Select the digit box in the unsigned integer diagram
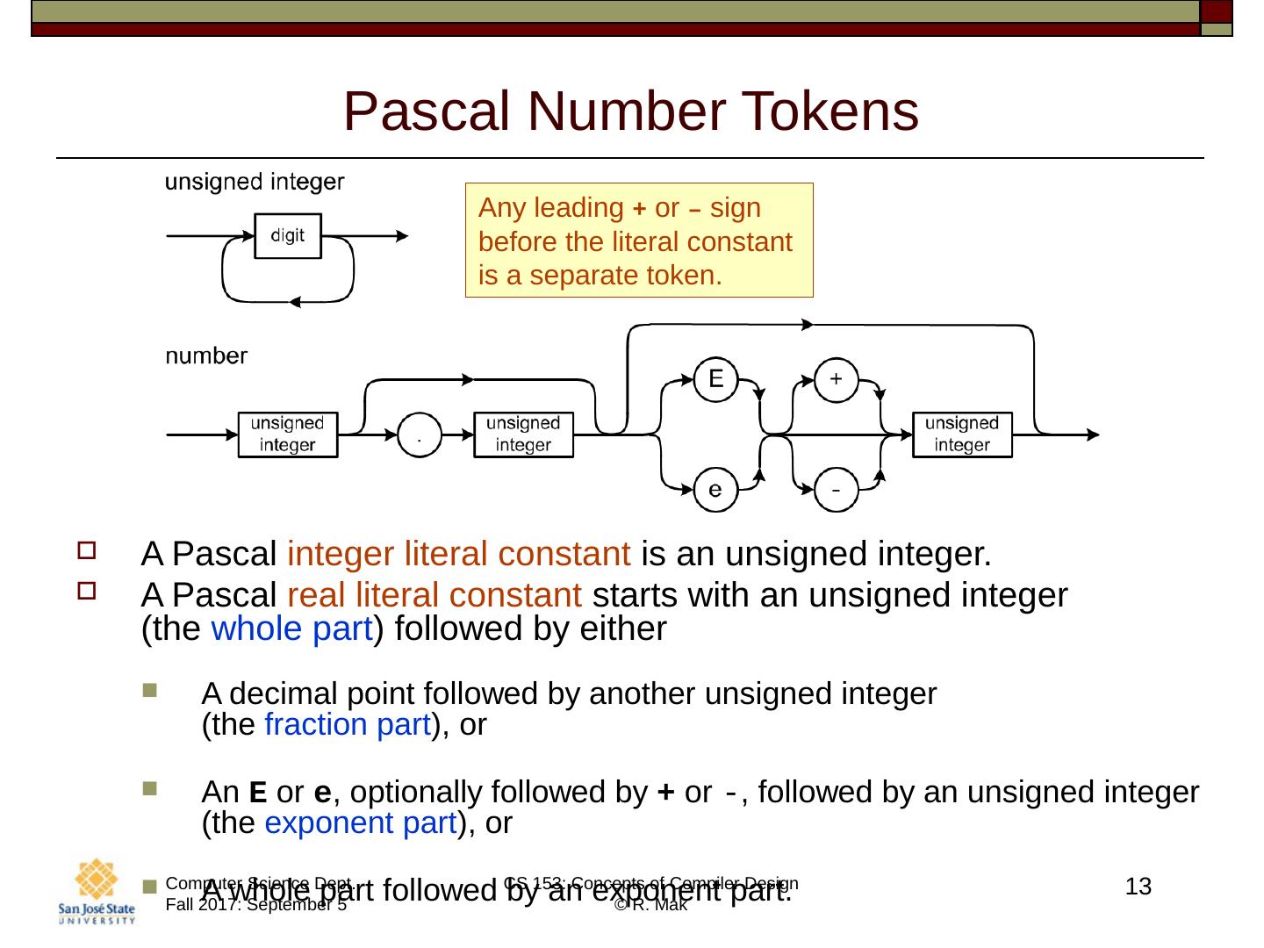click(x=288, y=235)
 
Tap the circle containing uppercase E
click(x=715, y=379)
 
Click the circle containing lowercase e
click(x=715, y=489)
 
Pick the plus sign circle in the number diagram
click(x=836, y=379)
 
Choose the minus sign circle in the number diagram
click(x=836, y=489)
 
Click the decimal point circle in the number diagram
click(x=420, y=434)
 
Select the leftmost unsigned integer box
click(x=288, y=434)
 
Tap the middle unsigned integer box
click(x=523, y=434)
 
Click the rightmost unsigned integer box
click(x=962, y=434)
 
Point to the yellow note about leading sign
click(x=638, y=241)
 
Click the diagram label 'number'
click(x=206, y=355)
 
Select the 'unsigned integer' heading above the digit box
click(x=255, y=182)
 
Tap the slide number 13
click(x=1138, y=887)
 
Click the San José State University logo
click(x=97, y=893)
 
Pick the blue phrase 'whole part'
click(x=292, y=629)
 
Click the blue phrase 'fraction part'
click(x=347, y=725)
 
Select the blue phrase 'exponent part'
click(x=360, y=823)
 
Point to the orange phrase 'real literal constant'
click(x=434, y=596)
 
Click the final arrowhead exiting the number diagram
click(x=1093, y=434)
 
